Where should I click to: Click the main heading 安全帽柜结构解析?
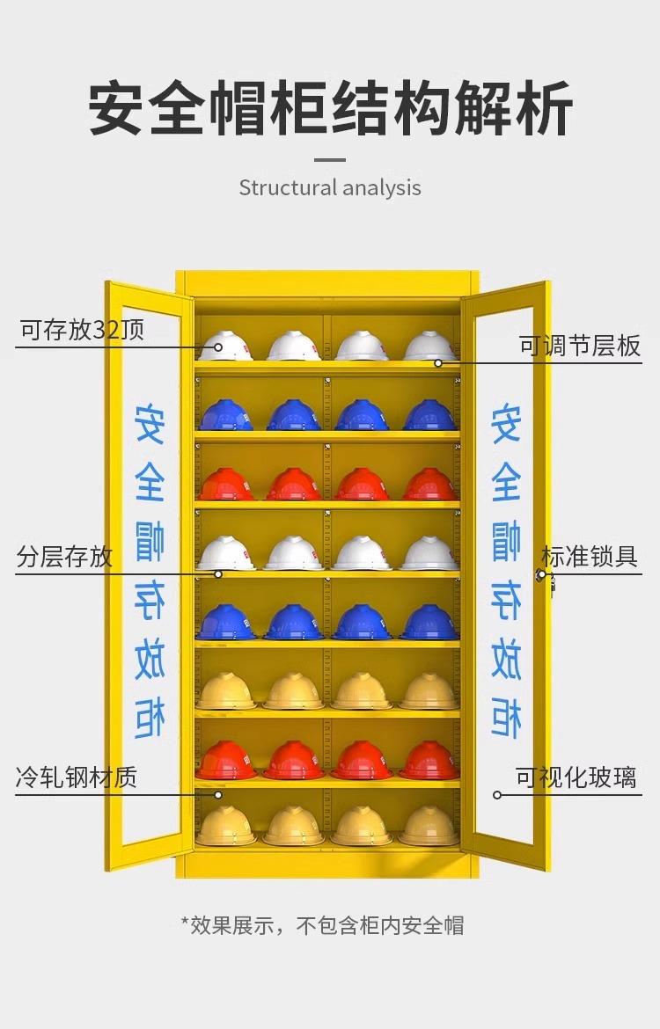click(x=330, y=108)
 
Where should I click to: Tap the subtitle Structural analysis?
click(x=330, y=187)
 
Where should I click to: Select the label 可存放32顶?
click(x=82, y=330)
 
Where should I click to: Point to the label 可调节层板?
click(x=580, y=346)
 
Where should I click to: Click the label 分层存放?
click(x=64, y=557)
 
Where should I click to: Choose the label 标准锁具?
click(x=589, y=557)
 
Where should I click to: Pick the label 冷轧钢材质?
click(x=77, y=777)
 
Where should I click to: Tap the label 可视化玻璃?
click(x=576, y=777)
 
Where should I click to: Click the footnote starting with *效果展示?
click(x=322, y=925)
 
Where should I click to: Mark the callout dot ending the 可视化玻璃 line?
click(x=497, y=795)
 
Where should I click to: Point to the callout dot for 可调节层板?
click(x=437, y=363)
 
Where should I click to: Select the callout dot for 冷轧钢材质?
click(x=218, y=795)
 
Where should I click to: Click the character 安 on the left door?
click(x=150, y=424)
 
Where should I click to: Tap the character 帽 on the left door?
click(x=150, y=542)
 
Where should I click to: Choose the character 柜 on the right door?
click(x=506, y=719)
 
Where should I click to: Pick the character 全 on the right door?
click(x=506, y=482)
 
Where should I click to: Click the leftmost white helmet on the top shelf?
click(x=225, y=346)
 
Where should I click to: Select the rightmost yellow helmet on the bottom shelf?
click(x=429, y=826)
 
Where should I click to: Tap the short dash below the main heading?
click(x=330, y=159)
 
